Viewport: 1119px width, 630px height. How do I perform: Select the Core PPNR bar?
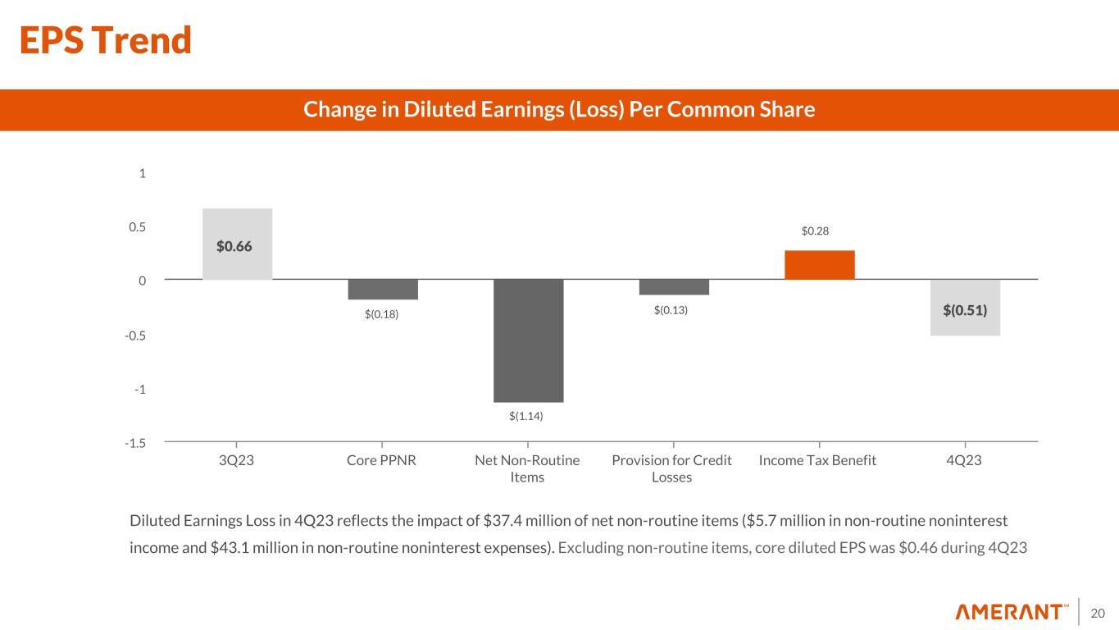click(383, 290)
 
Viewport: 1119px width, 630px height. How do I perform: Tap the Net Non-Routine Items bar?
click(528, 340)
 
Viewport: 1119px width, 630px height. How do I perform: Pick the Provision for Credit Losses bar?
click(674, 287)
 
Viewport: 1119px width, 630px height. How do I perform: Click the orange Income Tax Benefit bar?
click(819, 264)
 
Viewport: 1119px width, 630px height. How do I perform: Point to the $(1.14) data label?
click(526, 417)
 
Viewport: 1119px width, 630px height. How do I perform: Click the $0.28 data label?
click(816, 232)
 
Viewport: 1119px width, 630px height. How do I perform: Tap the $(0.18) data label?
click(382, 314)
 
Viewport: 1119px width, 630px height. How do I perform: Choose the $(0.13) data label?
click(671, 310)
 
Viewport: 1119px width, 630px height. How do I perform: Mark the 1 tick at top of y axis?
click(143, 173)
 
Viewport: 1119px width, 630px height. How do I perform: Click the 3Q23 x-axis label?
click(237, 460)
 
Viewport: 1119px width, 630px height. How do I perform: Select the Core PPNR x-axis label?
click(382, 460)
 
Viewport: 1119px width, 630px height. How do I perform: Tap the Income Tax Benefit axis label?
click(818, 460)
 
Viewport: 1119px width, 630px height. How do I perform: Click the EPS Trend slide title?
click(106, 40)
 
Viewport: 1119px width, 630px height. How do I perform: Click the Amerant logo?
click(1012, 612)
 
